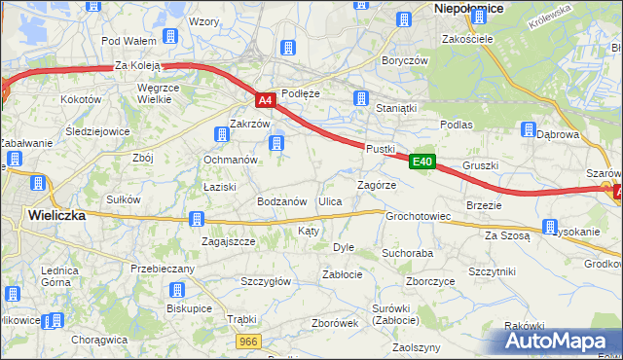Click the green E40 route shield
(x=421, y=162)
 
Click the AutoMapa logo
(x=554, y=341)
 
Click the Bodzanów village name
(x=282, y=200)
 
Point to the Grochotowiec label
(x=418, y=216)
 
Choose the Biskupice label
(x=189, y=307)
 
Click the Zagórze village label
(x=376, y=184)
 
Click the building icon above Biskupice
(x=177, y=290)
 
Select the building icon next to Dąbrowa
(x=529, y=129)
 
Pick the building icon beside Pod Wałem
(x=170, y=37)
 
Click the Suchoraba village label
(x=407, y=253)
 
